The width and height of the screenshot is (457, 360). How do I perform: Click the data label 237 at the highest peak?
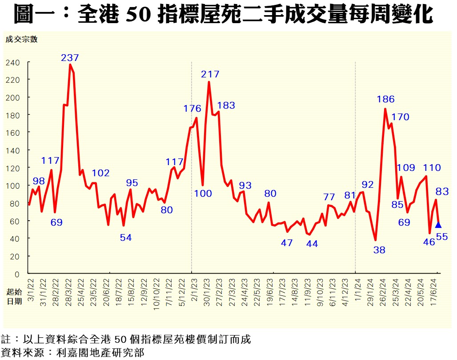(70, 58)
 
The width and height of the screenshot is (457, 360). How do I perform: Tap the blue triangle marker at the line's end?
(438, 225)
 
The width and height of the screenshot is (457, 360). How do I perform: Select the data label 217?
(210, 74)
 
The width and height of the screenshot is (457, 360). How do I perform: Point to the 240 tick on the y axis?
(13, 62)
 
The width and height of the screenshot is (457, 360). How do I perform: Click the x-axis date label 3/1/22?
(31, 289)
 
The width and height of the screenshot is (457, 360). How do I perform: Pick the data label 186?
(385, 99)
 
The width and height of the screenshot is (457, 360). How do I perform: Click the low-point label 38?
(379, 250)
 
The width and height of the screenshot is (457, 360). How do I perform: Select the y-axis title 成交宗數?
(22, 39)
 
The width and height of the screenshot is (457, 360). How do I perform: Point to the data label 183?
(226, 106)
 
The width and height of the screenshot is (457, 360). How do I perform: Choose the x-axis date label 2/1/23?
(194, 289)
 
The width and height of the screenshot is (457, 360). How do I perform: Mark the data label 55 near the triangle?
(442, 237)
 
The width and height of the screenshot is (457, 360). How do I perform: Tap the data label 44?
(312, 244)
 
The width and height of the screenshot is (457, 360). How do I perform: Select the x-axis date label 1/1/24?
(358, 289)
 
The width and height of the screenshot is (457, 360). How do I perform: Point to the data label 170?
(400, 117)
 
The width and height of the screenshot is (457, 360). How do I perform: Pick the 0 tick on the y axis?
(17, 274)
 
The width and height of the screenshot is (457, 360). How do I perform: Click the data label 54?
(126, 238)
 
